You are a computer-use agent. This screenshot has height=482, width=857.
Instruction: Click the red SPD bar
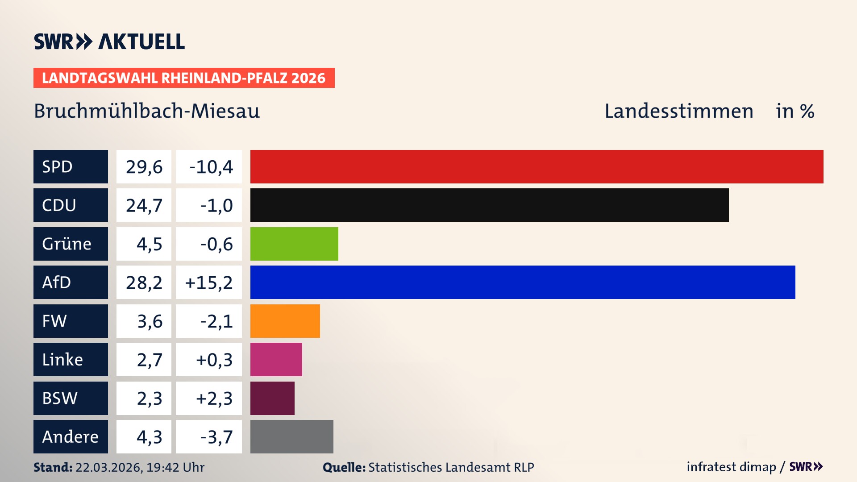pos(537,166)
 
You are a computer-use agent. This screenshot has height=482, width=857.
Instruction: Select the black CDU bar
pos(489,205)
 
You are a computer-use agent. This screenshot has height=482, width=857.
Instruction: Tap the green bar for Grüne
pos(294,244)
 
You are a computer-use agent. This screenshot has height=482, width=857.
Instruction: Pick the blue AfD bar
pos(523,282)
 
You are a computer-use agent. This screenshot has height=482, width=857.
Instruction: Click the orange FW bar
pos(285,321)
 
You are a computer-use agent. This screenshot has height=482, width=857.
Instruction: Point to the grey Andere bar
pos(291,436)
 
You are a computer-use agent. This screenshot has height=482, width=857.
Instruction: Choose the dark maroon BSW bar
pos(272,398)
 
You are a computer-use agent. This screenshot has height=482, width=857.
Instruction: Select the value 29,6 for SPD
pos(144,167)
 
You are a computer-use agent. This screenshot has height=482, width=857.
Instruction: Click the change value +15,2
pos(209,283)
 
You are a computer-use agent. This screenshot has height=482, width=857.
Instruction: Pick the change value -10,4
pos(211,167)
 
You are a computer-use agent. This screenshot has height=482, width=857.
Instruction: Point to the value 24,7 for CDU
pos(144,205)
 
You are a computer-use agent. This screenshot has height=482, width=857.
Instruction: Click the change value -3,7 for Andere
pos(216,437)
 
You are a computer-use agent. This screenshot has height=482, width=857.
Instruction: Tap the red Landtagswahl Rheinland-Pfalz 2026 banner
pos(184,78)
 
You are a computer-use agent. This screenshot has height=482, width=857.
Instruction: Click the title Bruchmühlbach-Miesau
pos(147,111)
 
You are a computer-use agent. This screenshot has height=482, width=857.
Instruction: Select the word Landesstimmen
pos(678,111)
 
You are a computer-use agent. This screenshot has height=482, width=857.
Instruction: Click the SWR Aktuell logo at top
pos(109,42)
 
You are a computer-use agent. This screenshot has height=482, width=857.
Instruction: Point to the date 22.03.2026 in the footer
pos(108,467)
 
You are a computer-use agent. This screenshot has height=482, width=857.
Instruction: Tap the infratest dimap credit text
pos(731,467)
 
